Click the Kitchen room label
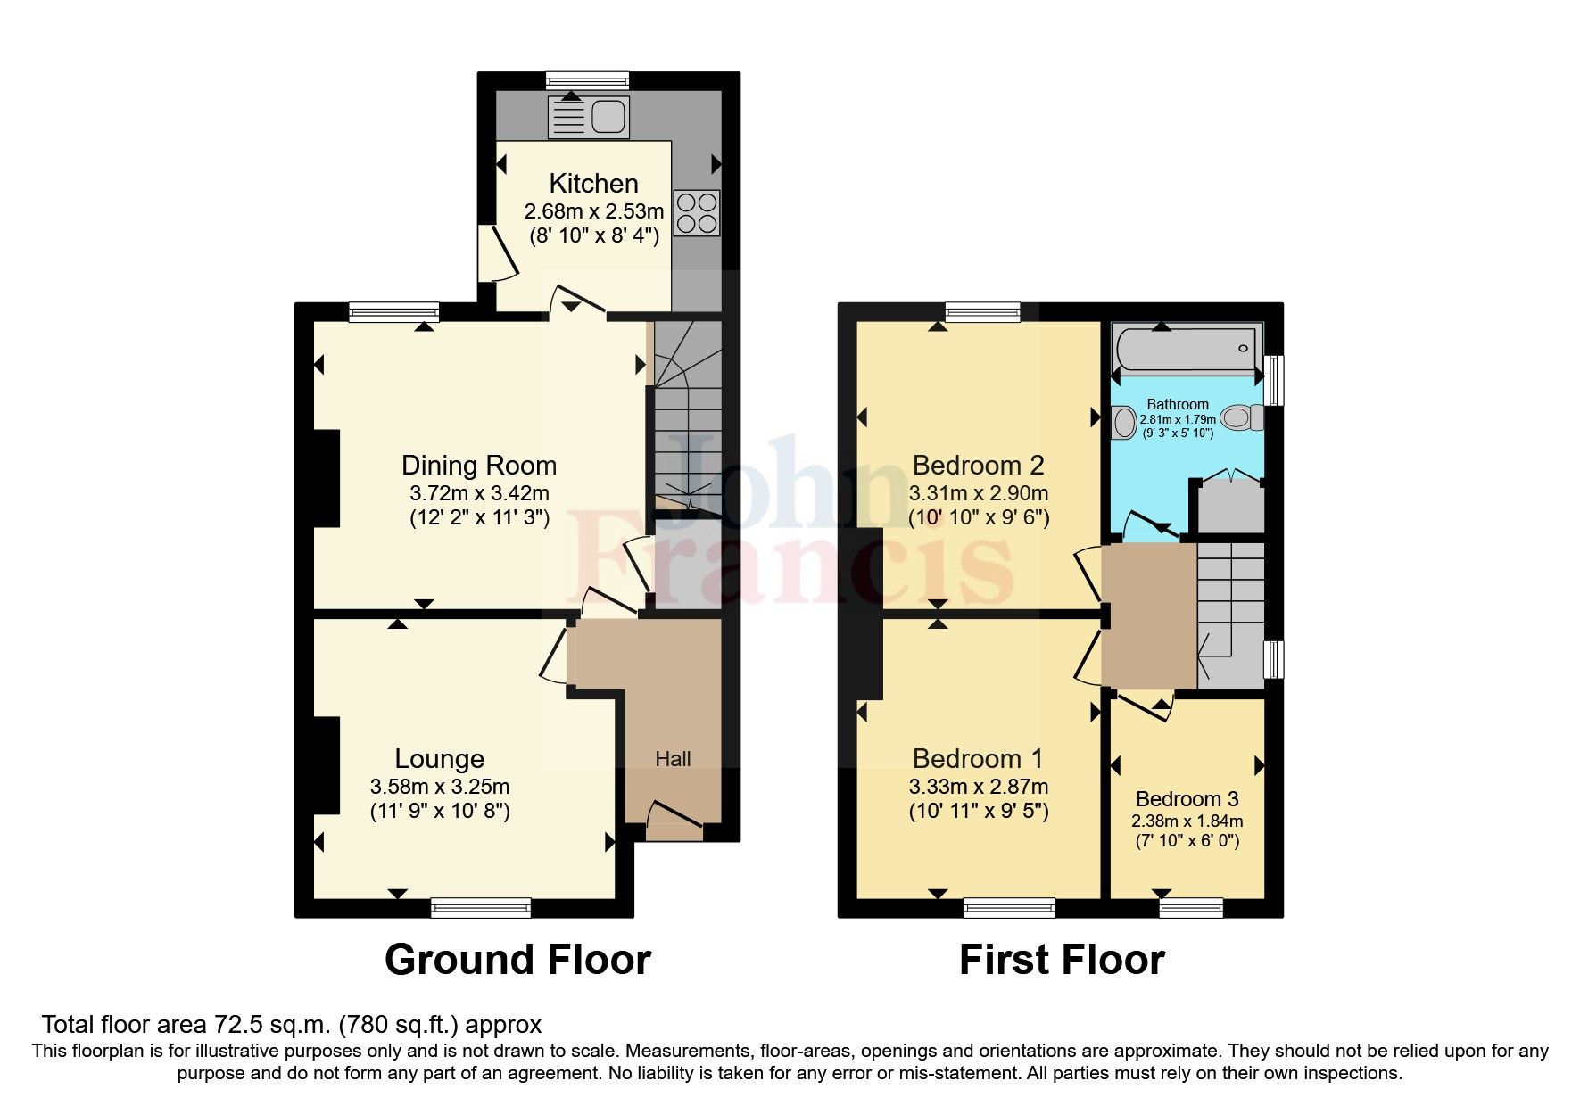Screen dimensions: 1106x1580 point(593,184)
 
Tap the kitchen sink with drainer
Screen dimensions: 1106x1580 point(588,117)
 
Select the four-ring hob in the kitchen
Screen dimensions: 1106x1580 point(697,213)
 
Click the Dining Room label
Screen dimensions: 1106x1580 point(479,466)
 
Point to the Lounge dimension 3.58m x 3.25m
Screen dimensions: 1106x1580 point(440,787)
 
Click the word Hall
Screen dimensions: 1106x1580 point(673,759)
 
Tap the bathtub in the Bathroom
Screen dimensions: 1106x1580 point(1186,349)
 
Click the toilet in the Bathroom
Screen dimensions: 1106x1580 point(1242,417)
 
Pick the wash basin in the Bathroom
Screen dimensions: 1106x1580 point(1125,421)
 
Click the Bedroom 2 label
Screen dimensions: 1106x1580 point(978,466)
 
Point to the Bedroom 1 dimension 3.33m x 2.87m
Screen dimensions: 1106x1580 point(979,787)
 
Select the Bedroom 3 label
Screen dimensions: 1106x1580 point(1187,799)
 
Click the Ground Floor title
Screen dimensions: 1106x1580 point(517,960)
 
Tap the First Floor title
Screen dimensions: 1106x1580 point(1062,960)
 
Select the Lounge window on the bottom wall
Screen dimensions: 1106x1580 point(481,908)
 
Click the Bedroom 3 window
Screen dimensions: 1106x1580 point(1191,908)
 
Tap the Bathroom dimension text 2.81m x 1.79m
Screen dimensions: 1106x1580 point(1178,419)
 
